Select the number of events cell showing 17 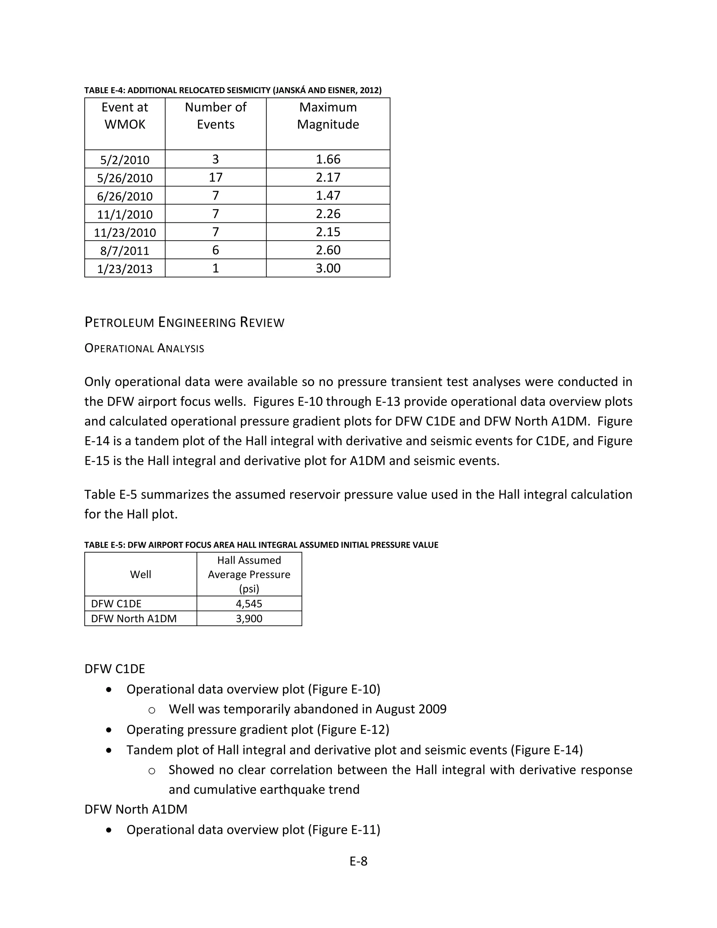215,177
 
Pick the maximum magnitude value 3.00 328,268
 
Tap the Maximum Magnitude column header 328,116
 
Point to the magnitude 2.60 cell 328,250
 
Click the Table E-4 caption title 233,90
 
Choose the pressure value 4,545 249,603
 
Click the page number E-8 358,861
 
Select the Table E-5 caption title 261,545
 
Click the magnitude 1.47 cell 328,195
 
